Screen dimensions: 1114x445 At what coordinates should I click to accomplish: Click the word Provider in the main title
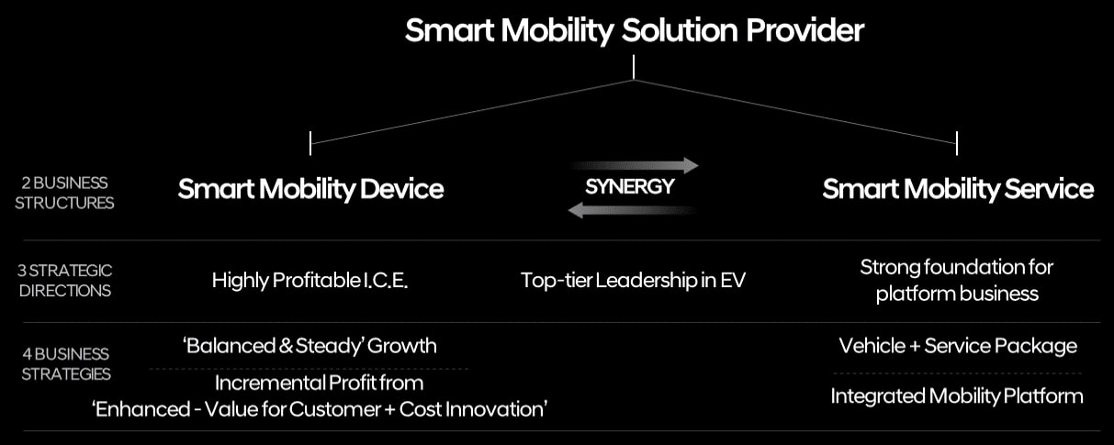pyautogui.click(x=805, y=30)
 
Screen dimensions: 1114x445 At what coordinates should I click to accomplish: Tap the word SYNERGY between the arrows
pyautogui.click(x=630, y=187)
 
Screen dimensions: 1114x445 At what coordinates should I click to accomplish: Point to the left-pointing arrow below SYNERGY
pyautogui.click(x=632, y=210)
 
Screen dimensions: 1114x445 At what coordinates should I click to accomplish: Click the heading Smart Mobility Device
pyautogui.click(x=310, y=189)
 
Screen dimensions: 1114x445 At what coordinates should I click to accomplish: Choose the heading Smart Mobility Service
pyautogui.click(x=958, y=189)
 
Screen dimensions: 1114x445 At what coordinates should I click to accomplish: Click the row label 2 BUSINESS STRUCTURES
pyautogui.click(x=64, y=193)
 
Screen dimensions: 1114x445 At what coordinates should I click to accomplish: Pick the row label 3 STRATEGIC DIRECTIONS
pyautogui.click(x=64, y=281)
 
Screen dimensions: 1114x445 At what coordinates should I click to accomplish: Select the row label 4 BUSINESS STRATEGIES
pyautogui.click(x=65, y=363)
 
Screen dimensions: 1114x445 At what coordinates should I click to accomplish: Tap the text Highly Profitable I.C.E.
pyautogui.click(x=309, y=281)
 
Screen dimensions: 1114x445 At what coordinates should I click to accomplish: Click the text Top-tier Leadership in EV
pyautogui.click(x=633, y=281)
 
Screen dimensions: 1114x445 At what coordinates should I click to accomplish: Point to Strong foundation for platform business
pyautogui.click(x=957, y=281)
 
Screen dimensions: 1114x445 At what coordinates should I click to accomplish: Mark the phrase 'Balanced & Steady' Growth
pyautogui.click(x=309, y=346)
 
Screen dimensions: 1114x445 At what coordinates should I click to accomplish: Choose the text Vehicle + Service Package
pyautogui.click(x=958, y=346)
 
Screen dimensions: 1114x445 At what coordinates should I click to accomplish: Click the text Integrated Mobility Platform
pyautogui.click(x=957, y=396)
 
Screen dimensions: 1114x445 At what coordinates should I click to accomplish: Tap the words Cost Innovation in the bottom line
pyautogui.click(x=473, y=409)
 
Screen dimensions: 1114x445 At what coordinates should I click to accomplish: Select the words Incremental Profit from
pyautogui.click(x=320, y=383)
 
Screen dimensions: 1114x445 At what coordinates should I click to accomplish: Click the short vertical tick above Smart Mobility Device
pyautogui.click(x=310, y=143)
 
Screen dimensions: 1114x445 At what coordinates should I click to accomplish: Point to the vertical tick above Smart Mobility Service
pyautogui.click(x=957, y=143)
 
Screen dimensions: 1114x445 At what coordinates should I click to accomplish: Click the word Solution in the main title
pyautogui.click(x=680, y=30)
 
